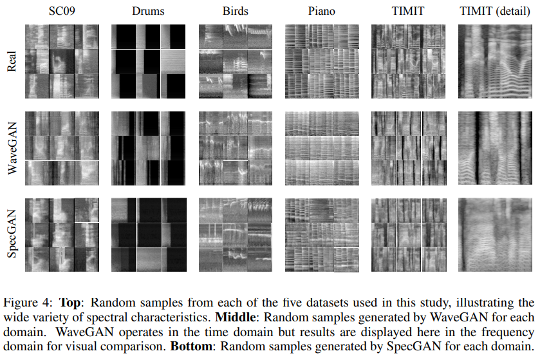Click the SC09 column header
62,11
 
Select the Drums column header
148,11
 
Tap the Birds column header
235,11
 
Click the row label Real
11,62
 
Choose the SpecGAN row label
11,235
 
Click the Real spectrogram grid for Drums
148,62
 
